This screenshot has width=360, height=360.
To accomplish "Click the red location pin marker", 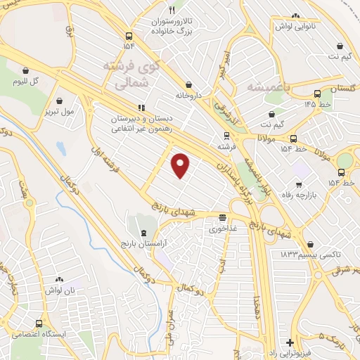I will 181,165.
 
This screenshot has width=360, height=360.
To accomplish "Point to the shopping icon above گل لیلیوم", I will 26,70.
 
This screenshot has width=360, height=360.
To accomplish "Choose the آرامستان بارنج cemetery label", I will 144,243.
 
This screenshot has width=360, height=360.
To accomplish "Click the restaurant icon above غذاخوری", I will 223,217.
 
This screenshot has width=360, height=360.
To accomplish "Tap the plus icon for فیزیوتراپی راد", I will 290,342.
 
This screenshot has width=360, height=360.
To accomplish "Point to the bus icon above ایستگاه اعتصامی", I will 39,324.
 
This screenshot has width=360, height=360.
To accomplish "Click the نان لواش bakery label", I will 65,288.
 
